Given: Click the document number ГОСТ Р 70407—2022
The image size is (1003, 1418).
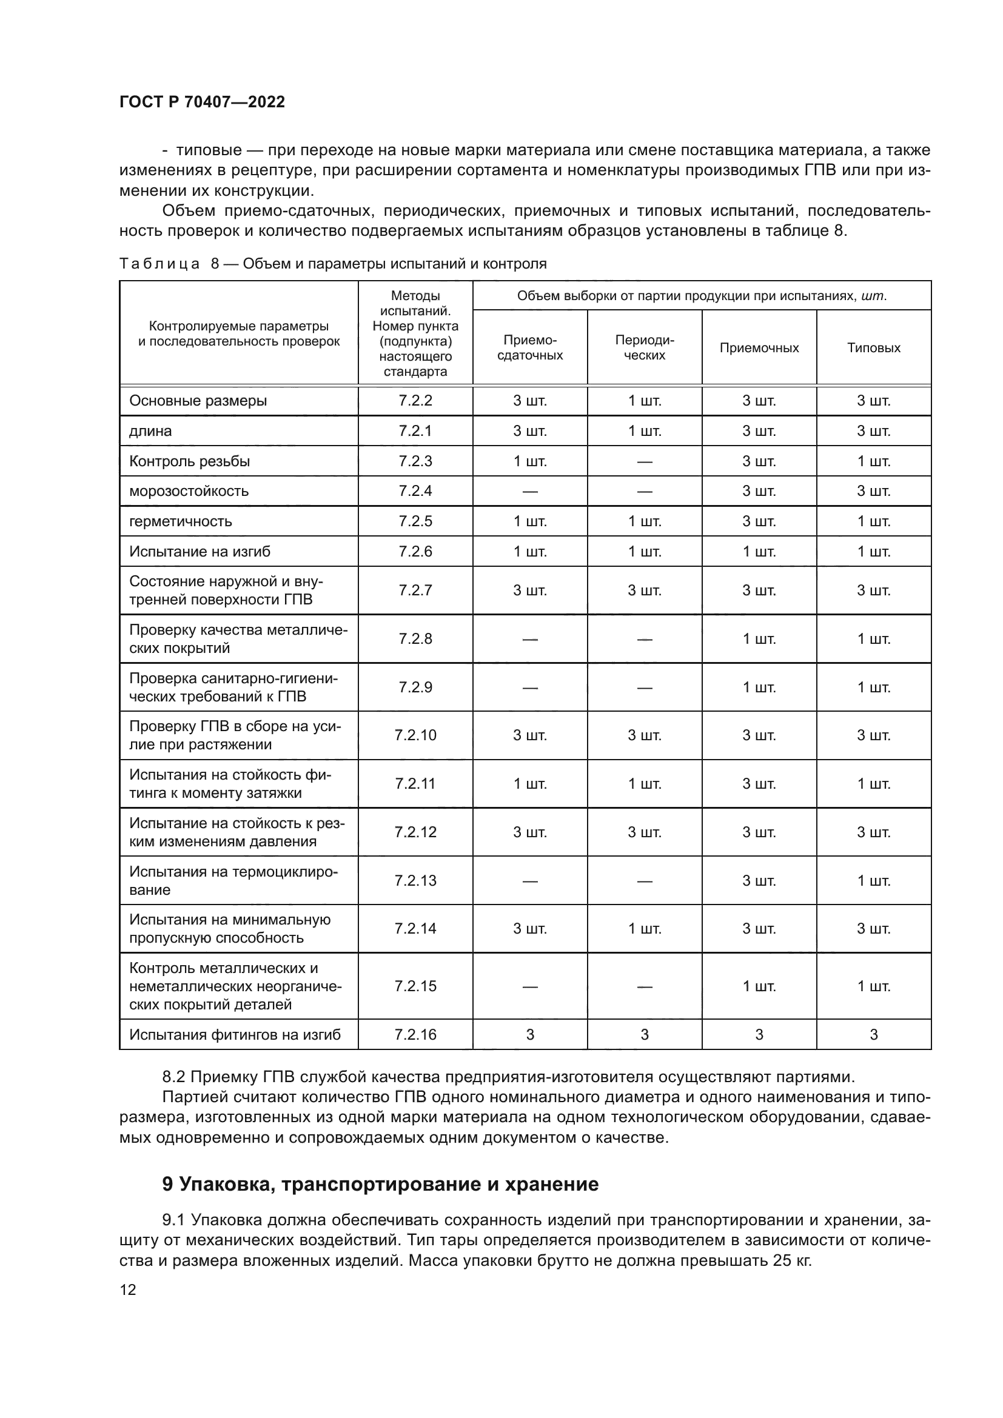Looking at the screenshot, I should [x=202, y=102].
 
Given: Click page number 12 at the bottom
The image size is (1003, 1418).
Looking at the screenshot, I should [x=128, y=1289].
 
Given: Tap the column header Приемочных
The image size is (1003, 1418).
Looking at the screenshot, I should [x=759, y=348].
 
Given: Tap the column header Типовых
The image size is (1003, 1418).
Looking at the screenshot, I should [x=873, y=348].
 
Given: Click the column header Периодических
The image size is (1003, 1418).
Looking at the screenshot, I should [x=644, y=348].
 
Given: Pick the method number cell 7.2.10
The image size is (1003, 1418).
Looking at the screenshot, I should [x=415, y=735].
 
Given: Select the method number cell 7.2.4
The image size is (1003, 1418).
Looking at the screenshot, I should [x=415, y=491].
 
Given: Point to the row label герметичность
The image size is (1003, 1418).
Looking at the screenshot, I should [x=180, y=521].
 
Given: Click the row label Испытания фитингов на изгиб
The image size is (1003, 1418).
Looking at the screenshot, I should [x=235, y=1034].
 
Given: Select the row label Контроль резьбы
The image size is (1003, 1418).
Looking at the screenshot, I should [x=190, y=461].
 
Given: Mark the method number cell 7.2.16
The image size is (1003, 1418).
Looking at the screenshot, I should [x=415, y=1034].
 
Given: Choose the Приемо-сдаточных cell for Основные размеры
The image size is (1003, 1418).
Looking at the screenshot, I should [x=530, y=401].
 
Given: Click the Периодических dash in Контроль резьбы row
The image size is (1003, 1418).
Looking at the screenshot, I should [x=644, y=461].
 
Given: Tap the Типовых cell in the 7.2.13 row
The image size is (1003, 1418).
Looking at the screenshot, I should [x=873, y=881].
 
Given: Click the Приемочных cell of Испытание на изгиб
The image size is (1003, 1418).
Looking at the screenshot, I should [x=759, y=552].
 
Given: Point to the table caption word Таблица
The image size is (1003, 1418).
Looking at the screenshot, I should [x=159, y=264].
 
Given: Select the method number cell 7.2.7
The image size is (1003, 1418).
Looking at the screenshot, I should [x=415, y=590].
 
